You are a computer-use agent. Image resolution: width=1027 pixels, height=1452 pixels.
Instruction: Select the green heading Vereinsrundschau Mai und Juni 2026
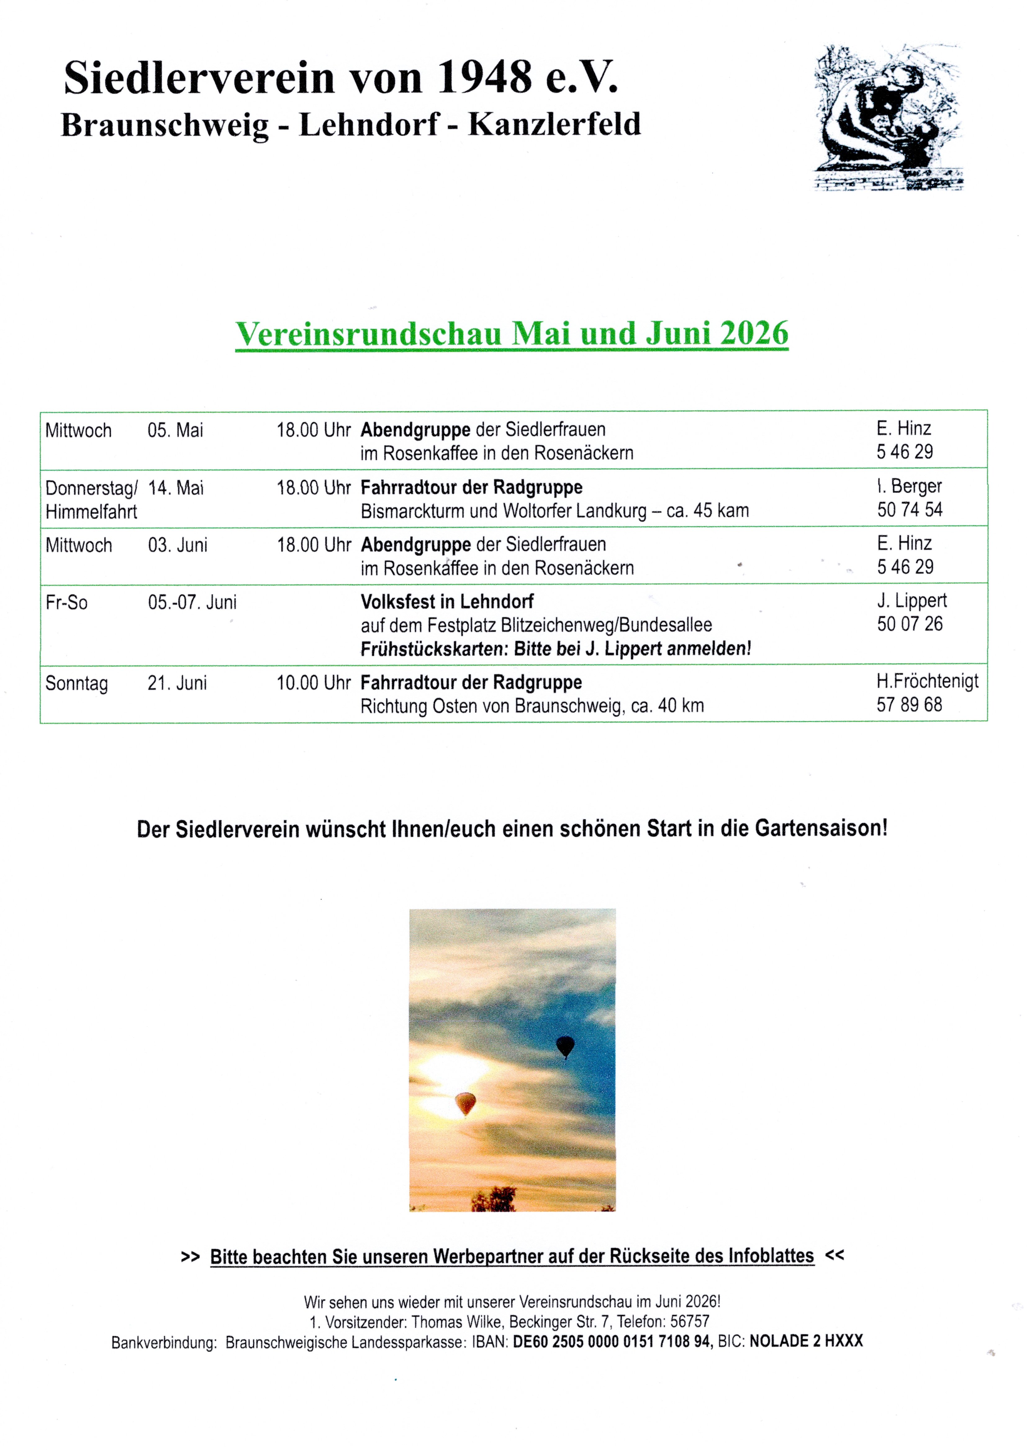(512, 333)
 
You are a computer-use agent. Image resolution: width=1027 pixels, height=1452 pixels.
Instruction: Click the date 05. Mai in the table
(175, 431)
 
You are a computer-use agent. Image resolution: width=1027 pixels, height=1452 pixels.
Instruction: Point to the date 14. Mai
(176, 488)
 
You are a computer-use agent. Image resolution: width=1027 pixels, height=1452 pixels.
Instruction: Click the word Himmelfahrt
(91, 512)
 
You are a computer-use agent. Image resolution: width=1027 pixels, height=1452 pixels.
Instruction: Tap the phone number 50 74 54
(909, 510)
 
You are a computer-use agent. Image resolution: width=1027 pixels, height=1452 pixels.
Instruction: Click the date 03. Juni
(178, 545)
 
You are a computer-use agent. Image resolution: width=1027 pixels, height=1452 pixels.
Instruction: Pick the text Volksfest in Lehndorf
(447, 601)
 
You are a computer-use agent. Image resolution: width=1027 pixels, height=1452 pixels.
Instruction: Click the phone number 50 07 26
(909, 624)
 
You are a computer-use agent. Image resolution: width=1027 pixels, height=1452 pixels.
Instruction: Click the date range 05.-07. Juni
(192, 602)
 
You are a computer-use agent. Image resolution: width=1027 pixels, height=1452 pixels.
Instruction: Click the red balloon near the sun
(465, 1103)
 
